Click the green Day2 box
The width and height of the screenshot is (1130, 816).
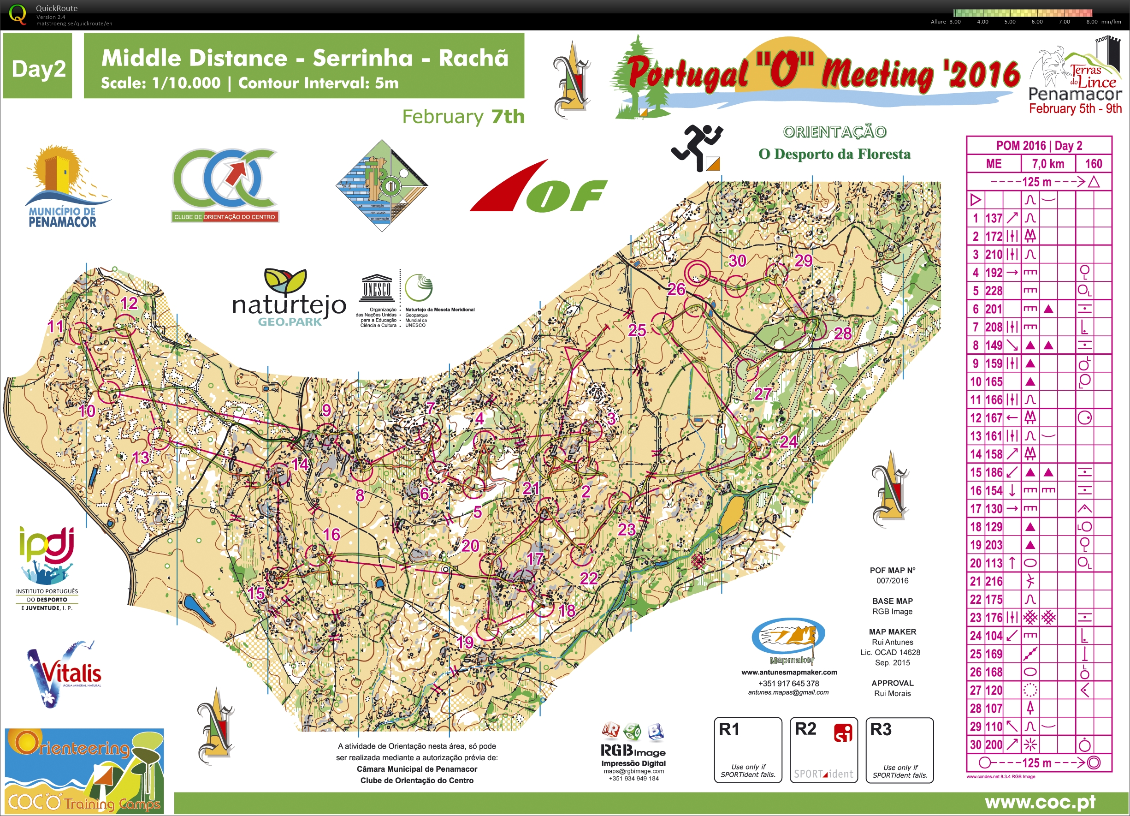tap(38, 66)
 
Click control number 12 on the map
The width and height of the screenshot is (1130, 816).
tap(129, 303)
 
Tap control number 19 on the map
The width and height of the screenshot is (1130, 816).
tap(465, 642)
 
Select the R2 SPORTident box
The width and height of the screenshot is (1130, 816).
tap(823, 750)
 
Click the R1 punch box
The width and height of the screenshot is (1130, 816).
tap(747, 750)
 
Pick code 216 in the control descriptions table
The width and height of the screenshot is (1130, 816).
tap(994, 581)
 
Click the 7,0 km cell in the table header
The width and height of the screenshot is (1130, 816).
tap(1048, 163)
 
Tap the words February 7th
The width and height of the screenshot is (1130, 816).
tap(463, 117)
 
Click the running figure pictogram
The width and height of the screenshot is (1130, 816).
tap(697, 148)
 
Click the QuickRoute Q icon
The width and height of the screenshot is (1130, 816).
tap(18, 14)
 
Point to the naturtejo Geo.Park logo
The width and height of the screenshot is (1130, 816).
tap(289, 299)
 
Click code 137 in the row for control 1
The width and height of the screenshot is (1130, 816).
tap(994, 218)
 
